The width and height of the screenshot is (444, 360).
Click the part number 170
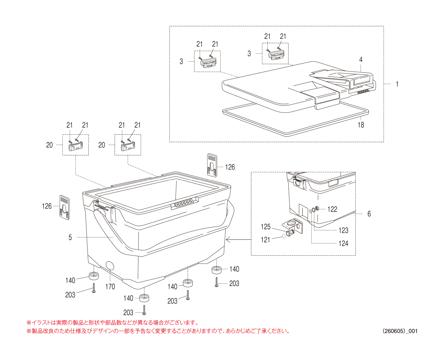pyautogui.click(x=110, y=287)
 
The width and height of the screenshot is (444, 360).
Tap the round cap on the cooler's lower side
pyautogui.click(x=110, y=266)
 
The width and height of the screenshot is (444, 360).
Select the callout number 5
pyautogui.click(x=70, y=237)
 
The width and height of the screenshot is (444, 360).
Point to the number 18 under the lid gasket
pyautogui.click(x=361, y=125)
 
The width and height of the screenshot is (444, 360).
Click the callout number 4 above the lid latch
pyautogui.click(x=361, y=60)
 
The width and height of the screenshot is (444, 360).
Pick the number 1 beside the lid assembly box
pyautogui.click(x=397, y=84)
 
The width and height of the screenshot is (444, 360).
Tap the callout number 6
pyautogui.click(x=369, y=214)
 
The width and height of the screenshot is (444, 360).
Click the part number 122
pyautogui.click(x=332, y=209)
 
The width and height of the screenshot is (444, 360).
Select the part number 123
pyautogui.click(x=343, y=230)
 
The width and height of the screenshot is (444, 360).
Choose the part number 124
pyautogui.click(x=343, y=243)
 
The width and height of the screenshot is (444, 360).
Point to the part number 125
pyautogui.click(x=266, y=227)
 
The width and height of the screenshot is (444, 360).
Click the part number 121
pyautogui.click(x=265, y=240)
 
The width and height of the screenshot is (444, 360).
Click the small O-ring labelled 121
pyautogui.click(x=284, y=236)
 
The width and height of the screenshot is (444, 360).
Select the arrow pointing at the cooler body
pyautogui.click(x=239, y=239)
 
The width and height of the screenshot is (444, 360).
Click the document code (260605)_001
pyautogui.click(x=400, y=331)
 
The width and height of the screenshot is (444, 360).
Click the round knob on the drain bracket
pyautogui.click(x=291, y=224)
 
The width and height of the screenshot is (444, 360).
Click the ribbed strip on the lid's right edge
pyautogui.click(x=363, y=91)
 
